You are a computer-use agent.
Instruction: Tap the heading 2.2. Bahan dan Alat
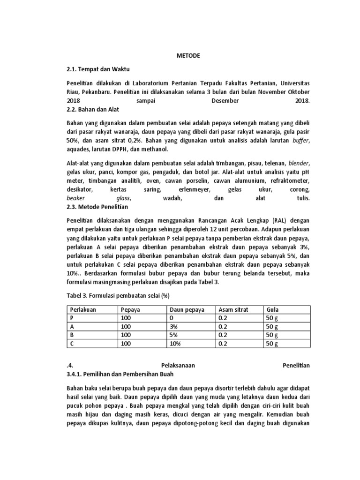tap(93, 110)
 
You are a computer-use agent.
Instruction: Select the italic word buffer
tap(301, 140)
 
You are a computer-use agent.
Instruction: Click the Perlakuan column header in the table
tap(83, 310)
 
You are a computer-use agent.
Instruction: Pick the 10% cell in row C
tap(176, 343)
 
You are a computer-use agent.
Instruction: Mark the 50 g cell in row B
tap(272, 335)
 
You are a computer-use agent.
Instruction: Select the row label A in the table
tap(72, 326)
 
